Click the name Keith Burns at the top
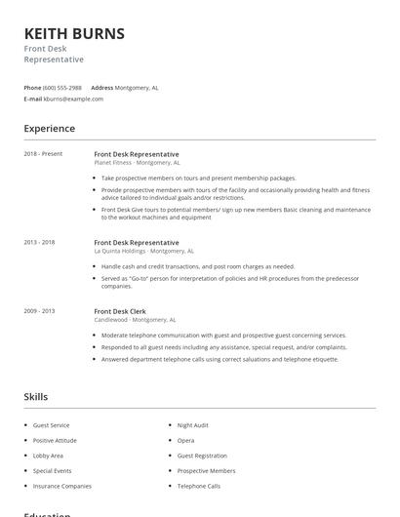(x=74, y=34)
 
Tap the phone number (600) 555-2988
(x=62, y=87)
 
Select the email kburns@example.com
(x=73, y=99)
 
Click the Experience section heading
(x=49, y=129)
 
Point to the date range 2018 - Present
(x=43, y=154)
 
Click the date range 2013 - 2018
(x=39, y=242)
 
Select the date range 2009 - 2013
(x=39, y=311)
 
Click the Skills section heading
(x=35, y=397)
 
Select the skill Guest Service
(x=51, y=425)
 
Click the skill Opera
(x=185, y=440)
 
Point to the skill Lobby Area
(x=48, y=456)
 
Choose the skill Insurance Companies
(x=62, y=486)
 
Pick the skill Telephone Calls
(x=198, y=486)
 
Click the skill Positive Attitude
(x=55, y=440)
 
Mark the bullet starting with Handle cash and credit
(x=197, y=266)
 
